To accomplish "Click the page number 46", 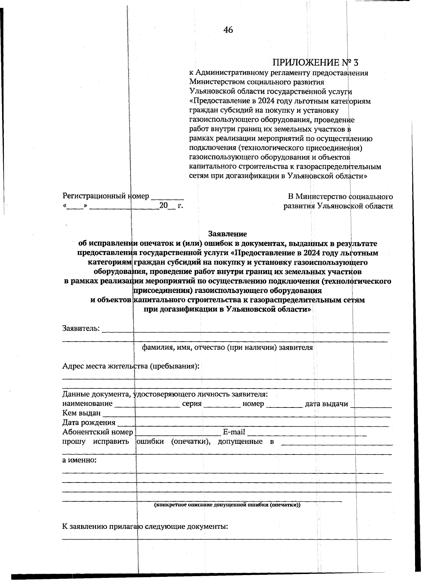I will [228, 30].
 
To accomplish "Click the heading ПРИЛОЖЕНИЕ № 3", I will [316, 63].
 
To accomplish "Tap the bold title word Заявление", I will [228, 234].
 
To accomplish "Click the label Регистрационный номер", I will [106, 196].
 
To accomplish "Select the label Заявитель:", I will [81, 329].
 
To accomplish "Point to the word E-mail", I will [234, 432].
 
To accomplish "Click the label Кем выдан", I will [81, 413].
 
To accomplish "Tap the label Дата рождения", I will [89, 423].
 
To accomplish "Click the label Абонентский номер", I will [98, 432].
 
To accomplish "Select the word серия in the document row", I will [192, 404].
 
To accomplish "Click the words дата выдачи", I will [326, 404].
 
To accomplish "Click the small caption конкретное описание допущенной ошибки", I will [227, 505].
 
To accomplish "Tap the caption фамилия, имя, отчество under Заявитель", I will [227, 348].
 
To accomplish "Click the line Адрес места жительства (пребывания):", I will [131, 366].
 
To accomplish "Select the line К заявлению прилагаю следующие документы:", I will [145, 527].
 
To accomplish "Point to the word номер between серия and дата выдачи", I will [253, 404].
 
